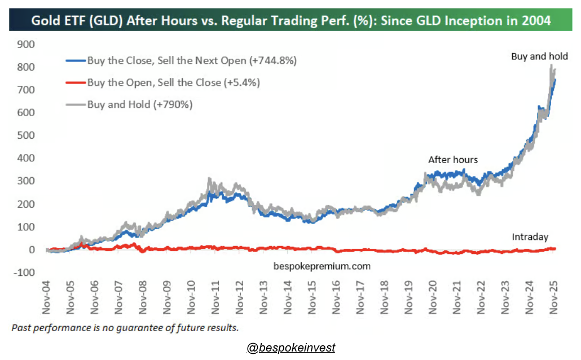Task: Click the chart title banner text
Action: [290, 22]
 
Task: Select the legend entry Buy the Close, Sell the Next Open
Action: [192, 60]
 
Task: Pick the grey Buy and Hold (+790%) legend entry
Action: [140, 104]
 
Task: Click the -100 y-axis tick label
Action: [25, 273]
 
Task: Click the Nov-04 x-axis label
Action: [46, 296]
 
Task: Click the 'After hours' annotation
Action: [453, 160]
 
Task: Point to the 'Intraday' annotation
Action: [530, 237]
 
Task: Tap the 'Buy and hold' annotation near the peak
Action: [539, 56]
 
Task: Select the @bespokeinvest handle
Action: [291, 348]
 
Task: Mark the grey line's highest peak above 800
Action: [551, 65]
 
